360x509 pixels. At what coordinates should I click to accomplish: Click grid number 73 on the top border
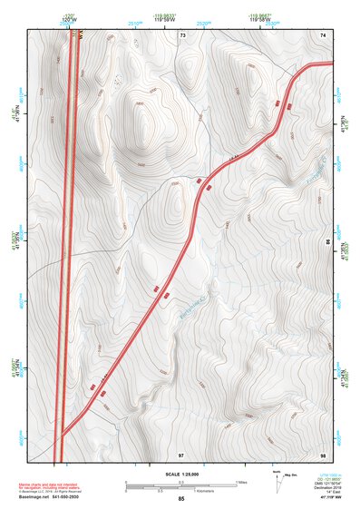(182, 34)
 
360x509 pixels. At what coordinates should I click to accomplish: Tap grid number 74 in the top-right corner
(323, 34)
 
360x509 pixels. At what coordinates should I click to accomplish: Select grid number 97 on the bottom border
(181, 453)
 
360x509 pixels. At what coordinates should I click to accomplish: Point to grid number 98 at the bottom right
(323, 453)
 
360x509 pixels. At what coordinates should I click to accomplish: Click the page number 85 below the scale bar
(181, 499)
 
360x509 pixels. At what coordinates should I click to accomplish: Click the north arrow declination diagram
(276, 477)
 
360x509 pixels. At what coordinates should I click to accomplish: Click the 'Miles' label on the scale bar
(241, 480)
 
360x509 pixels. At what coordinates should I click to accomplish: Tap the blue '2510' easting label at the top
(135, 23)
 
